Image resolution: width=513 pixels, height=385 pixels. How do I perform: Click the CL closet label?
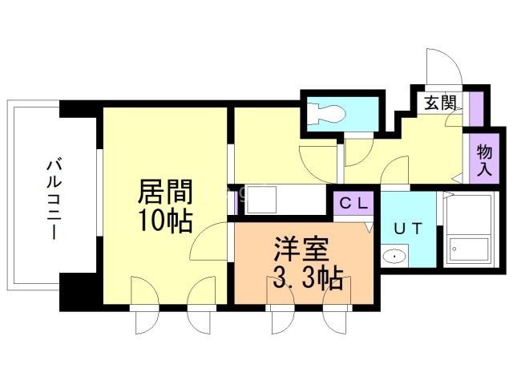point(353,203)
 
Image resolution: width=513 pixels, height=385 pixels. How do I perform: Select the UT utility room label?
point(406,228)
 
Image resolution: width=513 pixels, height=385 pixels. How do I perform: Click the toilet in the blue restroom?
point(329,113)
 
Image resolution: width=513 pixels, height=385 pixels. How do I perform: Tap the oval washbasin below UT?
point(395,256)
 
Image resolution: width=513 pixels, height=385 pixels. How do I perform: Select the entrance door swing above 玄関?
point(443,68)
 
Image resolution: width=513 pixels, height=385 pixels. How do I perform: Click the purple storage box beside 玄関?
point(476,107)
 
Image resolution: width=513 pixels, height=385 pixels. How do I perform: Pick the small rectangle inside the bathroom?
point(469,249)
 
